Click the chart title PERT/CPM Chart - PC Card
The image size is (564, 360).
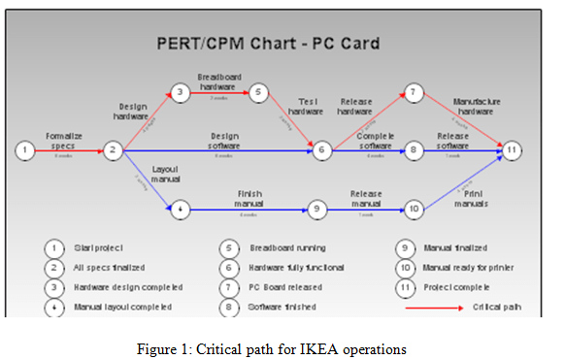point(269,45)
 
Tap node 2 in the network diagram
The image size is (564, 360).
point(113,149)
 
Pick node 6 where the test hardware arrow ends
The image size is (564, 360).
point(322,149)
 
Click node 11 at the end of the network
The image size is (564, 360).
point(512,149)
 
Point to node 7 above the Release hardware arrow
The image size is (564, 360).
point(414,93)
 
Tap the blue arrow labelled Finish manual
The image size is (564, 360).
point(248,208)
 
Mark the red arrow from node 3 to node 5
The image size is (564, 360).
point(217,93)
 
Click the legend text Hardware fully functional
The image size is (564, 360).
point(294,266)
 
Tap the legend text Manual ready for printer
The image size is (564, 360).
point(468,266)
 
